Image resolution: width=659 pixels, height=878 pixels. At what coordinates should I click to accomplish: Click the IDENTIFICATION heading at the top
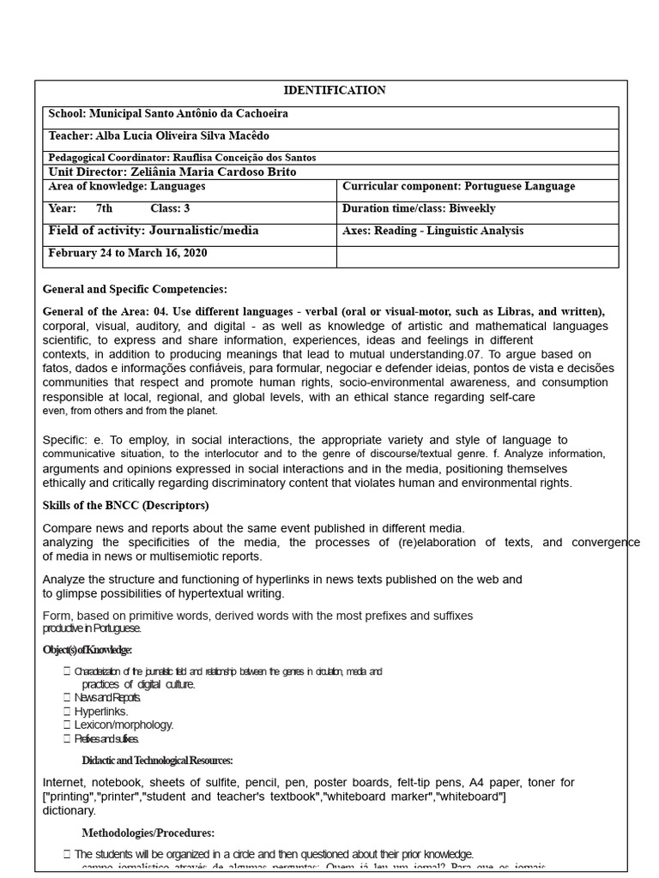point(334,90)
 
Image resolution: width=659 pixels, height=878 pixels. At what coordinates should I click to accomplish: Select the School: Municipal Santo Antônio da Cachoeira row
point(168,114)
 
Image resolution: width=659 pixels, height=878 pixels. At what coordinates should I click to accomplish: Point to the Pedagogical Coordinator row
point(182,158)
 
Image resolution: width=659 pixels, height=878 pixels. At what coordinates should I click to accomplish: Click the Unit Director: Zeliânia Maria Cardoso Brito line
point(172,171)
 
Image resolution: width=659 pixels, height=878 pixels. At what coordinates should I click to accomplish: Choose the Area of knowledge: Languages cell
point(127,187)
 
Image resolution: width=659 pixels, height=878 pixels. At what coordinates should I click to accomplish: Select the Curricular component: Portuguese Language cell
point(458,187)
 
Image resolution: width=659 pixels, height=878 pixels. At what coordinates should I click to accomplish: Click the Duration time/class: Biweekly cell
point(418,209)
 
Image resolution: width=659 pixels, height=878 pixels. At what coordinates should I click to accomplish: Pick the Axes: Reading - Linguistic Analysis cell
point(432,232)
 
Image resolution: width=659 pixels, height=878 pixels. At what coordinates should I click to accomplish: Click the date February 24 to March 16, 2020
point(127,254)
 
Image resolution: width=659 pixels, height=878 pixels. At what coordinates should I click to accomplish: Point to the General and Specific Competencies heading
point(135,290)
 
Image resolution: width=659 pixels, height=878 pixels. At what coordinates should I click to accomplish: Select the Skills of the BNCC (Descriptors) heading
point(125,506)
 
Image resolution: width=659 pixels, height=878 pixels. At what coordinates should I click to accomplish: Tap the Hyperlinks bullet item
point(101,712)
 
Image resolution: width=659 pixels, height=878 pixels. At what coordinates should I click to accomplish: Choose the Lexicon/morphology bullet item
point(124,725)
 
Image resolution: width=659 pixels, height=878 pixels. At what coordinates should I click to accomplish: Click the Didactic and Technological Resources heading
point(157,761)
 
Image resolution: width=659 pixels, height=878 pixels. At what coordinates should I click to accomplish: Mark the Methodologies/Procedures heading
point(148,833)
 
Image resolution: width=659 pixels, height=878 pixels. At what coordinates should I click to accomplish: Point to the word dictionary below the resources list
point(70,811)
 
